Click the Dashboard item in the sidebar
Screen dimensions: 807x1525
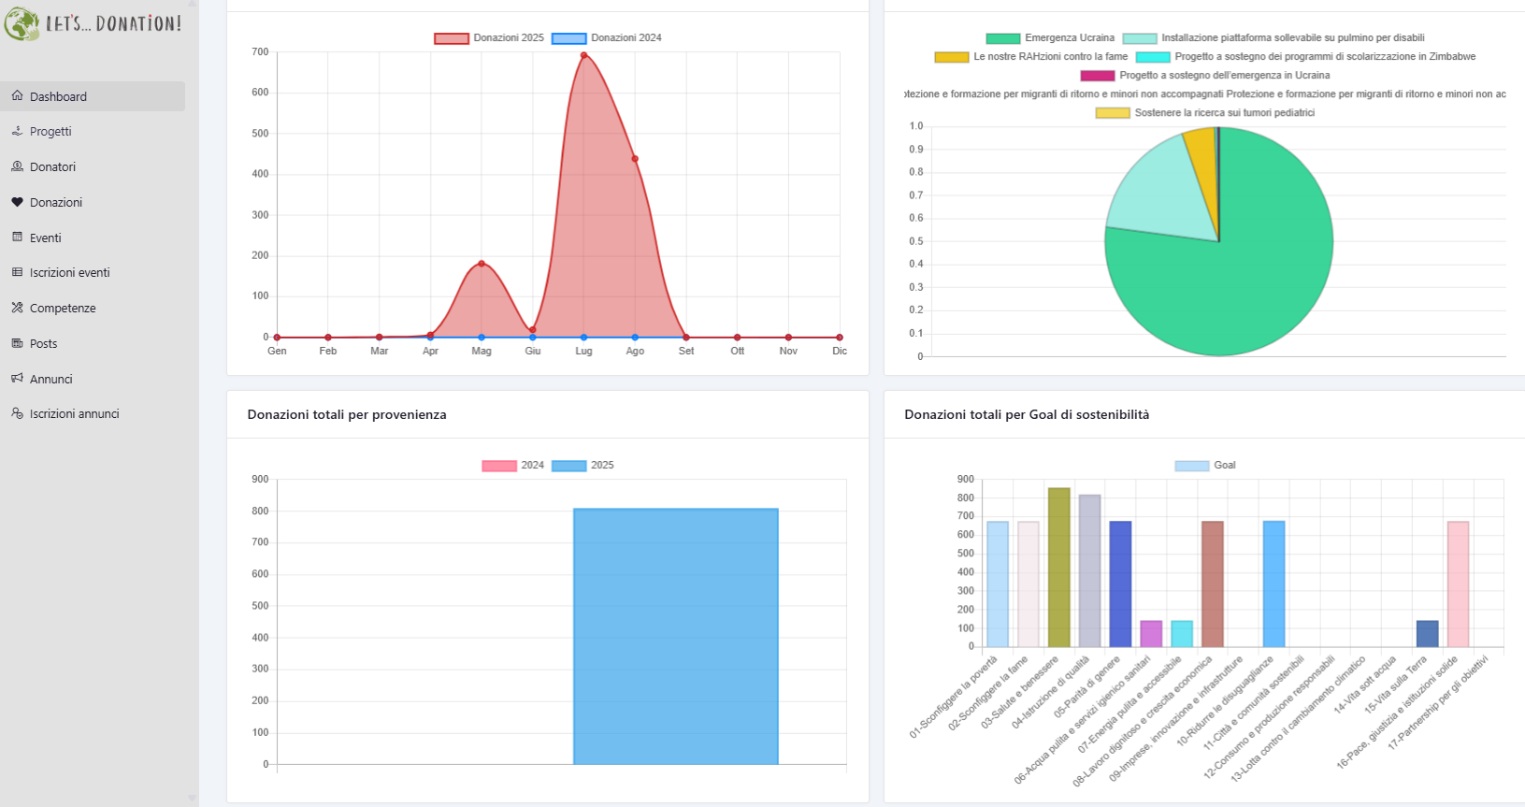tap(58, 96)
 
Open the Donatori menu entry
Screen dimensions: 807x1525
tap(52, 166)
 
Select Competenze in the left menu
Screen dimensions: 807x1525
tap(63, 308)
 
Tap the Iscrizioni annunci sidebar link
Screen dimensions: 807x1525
tap(74, 413)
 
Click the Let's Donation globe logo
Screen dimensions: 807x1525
tap(22, 22)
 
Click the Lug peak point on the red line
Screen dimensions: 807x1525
tap(583, 55)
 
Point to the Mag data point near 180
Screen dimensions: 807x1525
tap(482, 264)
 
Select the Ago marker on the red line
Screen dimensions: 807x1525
tap(635, 159)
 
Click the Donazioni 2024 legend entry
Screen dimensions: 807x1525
tap(607, 38)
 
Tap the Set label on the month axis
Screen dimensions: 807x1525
tap(686, 351)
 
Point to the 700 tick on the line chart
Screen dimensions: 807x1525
tap(260, 52)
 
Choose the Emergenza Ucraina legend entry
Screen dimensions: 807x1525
tap(1051, 38)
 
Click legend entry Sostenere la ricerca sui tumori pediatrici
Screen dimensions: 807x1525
tap(1206, 113)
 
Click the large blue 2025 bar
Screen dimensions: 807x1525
tap(675, 636)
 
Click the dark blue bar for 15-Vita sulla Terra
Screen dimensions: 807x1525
tap(1427, 634)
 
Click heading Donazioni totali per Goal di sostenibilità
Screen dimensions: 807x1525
tap(1027, 414)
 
